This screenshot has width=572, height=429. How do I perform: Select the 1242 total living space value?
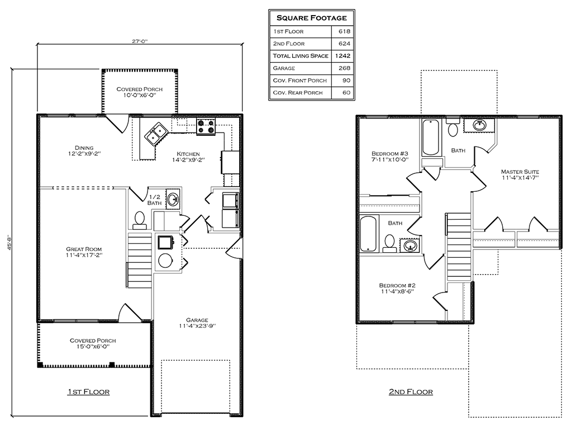[342, 56]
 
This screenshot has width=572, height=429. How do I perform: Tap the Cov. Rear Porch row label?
[298, 93]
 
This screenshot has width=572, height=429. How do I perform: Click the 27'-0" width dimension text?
[140, 41]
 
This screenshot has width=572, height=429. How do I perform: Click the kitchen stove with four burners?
[205, 126]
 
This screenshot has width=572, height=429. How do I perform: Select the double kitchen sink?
[155, 134]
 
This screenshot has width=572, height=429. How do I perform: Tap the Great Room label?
[84, 249]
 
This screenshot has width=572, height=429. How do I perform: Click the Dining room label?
[84, 148]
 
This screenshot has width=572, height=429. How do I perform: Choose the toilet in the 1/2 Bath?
[139, 220]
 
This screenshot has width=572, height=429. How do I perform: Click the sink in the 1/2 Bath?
[173, 199]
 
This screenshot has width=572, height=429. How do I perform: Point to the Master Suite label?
[520, 172]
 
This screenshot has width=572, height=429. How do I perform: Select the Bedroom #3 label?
[390, 154]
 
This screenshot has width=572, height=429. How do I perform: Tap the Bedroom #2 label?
[397, 285]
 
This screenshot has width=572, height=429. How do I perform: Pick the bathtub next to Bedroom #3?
[431, 138]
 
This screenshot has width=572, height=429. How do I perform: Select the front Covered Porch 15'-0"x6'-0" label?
[93, 341]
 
